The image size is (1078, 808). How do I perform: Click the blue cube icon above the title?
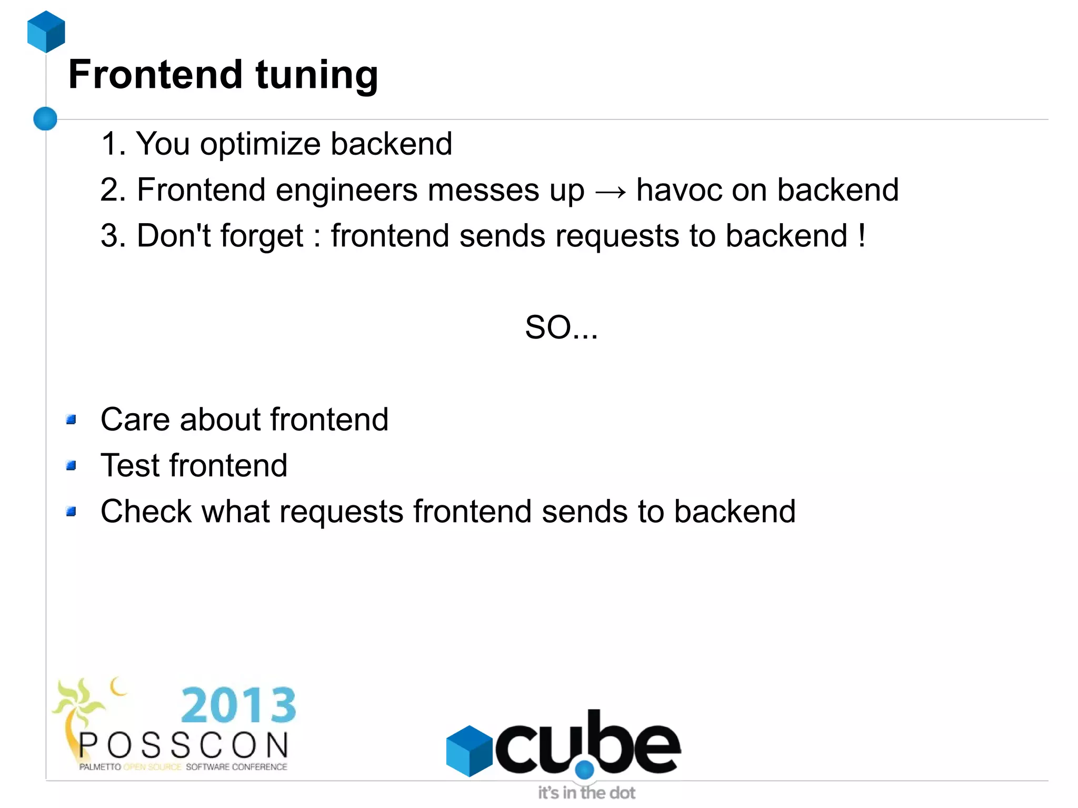click(46, 32)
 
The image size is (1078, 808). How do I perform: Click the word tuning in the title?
click(317, 75)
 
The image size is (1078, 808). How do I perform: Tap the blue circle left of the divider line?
click(45, 118)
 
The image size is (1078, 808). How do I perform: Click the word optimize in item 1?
click(260, 144)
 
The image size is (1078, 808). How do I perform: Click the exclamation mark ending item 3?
click(861, 235)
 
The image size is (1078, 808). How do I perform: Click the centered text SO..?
click(561, 327)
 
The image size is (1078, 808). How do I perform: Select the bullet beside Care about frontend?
click(71, 420)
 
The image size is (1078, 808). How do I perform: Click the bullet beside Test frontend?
click(71, 465)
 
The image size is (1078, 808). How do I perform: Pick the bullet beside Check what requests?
click(71, 511)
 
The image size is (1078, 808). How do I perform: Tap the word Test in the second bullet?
click(130, 465)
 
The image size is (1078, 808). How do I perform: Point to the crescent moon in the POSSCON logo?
click(118, 686)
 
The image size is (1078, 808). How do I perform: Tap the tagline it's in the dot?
click(586, 793)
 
